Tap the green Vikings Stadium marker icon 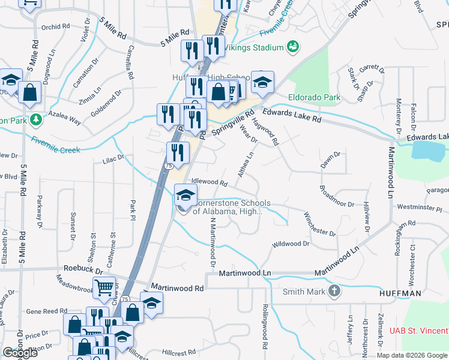point(293,46)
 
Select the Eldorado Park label point(315,97)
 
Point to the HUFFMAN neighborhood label point(400,293)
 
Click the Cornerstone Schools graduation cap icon point(185,195)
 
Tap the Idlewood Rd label point(209,182)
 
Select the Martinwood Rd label point(177,288)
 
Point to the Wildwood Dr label point(291,244)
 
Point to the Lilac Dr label point(112,158)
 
